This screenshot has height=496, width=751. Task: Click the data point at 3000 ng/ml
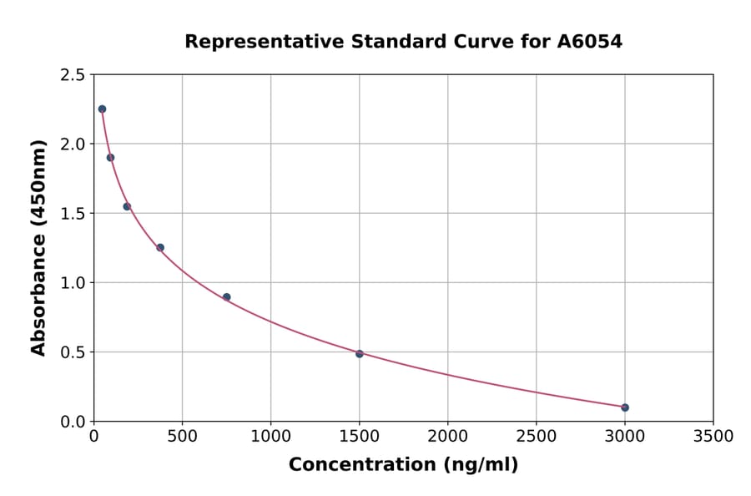coord(625,407)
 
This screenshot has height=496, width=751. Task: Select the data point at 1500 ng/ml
coord(360,354)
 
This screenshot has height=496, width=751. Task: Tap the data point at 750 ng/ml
coord(227,297)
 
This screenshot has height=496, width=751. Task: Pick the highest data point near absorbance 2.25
coord(102,109)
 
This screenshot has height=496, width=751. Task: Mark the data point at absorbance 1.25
coord(160,247)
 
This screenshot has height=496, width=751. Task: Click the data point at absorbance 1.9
coord(110,158)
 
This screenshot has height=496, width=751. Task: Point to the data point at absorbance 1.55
coord(127,206)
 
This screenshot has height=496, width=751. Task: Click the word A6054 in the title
coord(590,41)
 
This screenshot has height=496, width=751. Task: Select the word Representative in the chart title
coord(255,41)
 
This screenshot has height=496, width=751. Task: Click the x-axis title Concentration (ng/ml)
coord(403,465)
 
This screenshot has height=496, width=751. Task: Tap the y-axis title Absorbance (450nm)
coord(38,248)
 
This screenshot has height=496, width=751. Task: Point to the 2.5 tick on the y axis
coord(73,75)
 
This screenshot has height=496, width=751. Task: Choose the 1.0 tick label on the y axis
coord(73,283)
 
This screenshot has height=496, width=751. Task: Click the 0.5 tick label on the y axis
coord(73,352)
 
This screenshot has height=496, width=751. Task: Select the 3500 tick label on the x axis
coord(713,436)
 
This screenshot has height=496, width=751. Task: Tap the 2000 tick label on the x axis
coord(448,436)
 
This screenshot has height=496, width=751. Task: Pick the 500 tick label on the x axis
coord(182,436)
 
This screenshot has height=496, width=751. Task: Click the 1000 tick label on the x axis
coord(270,436)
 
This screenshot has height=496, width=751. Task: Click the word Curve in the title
coord(487,41)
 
